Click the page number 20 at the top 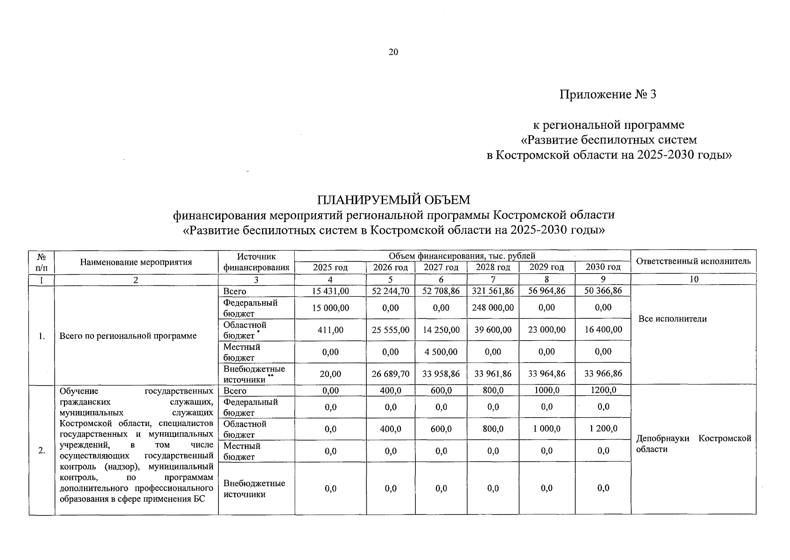[393, 52]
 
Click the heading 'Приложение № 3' [608, 95]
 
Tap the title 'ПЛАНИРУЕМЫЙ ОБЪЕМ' [393, 200]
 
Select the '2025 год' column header [330, 267]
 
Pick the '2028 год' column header [493, 267]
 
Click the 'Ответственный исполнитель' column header [693, 261]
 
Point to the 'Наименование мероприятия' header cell [136, 262]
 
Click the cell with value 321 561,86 [493, 291]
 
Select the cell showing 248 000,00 [493, 308]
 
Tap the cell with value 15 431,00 [330, 291]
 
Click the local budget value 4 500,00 [441, 352]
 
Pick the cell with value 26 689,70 [391, 374]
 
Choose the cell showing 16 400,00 [603, 329]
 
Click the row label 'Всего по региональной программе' [128, 336]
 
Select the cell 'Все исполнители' [672, 319]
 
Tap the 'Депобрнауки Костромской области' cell [693, 444]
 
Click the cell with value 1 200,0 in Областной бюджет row [603, 429]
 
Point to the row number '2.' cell [42, 450]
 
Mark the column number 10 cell [694, 280]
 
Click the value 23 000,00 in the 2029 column [546, 329]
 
